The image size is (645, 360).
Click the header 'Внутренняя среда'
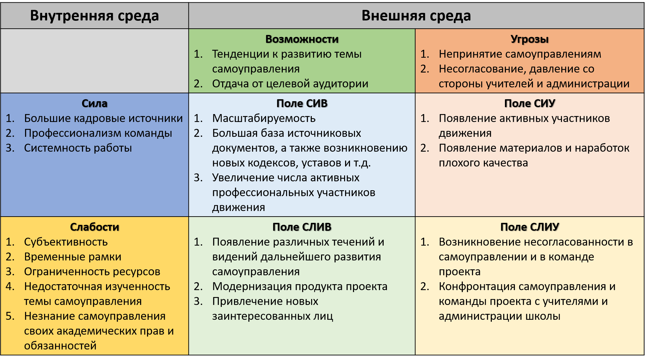(x=95, y=16)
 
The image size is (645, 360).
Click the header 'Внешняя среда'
(x=416, y=16)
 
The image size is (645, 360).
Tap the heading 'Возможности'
(x=302, y=39)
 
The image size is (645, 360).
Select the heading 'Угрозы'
(x=530, y=39)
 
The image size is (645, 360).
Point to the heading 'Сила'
(x=95, y=104)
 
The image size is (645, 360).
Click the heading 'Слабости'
(x=95, y=227)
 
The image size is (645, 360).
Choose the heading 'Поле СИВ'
(x=302, y=104)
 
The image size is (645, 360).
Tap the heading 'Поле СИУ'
(x=530, y=104)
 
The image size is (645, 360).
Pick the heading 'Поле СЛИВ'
(x=302, y=227)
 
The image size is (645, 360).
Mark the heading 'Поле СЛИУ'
(x=530, y=227)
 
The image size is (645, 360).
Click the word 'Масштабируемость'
(x=264, y=119)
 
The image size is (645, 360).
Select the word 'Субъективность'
(x=66, y=242)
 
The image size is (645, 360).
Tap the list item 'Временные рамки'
(x=73, y=257)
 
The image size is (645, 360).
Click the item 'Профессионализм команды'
(x=98, y=134)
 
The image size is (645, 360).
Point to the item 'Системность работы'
(x=78, y=148)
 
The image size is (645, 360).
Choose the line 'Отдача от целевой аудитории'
(x=290, y=84)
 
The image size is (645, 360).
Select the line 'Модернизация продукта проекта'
(x=300, y=287)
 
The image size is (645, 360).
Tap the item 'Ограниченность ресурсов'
(x=92, y=272)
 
